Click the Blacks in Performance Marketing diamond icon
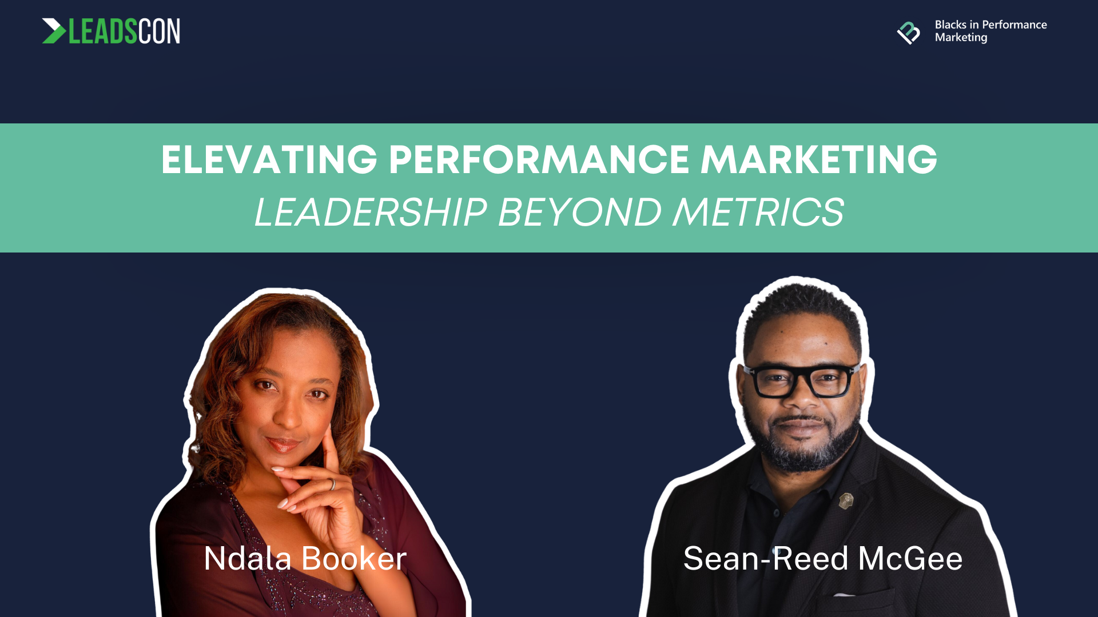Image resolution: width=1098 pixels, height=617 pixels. (908, 33)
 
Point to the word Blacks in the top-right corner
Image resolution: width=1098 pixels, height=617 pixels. (950, 25)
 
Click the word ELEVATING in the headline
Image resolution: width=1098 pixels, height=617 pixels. (269, 159)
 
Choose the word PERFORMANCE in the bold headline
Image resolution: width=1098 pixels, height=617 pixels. (539, 159)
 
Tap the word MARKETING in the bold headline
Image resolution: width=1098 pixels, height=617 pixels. (819, 159)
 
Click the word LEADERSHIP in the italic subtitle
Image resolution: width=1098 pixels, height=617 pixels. (371, 213)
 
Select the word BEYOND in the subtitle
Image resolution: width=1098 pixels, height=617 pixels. (580, 213)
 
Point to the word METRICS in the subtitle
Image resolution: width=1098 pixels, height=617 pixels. (758, 213)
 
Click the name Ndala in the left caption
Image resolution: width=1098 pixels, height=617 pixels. (248, 558)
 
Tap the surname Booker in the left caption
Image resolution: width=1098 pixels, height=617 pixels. (354, 558)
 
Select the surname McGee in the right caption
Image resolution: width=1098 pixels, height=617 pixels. (910, 558)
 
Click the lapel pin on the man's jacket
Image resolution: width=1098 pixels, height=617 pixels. (846, 501)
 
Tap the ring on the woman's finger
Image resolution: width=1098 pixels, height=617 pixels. (332, 484)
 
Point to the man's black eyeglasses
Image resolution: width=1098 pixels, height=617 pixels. (801, 380)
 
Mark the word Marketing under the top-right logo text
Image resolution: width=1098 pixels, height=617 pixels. (961, 38)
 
